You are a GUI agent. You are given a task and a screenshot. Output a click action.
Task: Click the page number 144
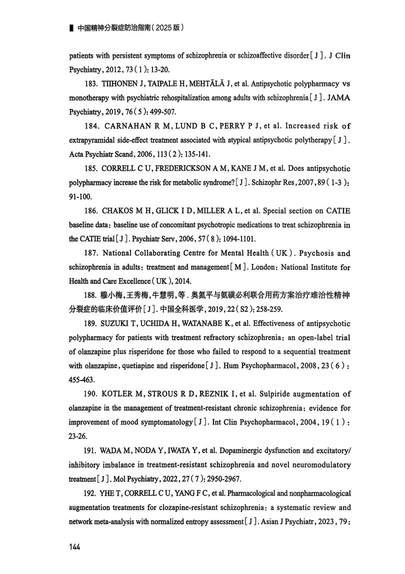74,547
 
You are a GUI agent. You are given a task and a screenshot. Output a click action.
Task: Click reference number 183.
90,84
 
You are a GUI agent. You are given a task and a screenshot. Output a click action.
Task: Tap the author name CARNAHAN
127,126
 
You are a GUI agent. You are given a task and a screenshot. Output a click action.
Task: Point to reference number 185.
90,168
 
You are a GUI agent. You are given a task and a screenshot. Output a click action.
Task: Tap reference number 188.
90,295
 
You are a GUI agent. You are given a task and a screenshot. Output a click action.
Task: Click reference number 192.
90,493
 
